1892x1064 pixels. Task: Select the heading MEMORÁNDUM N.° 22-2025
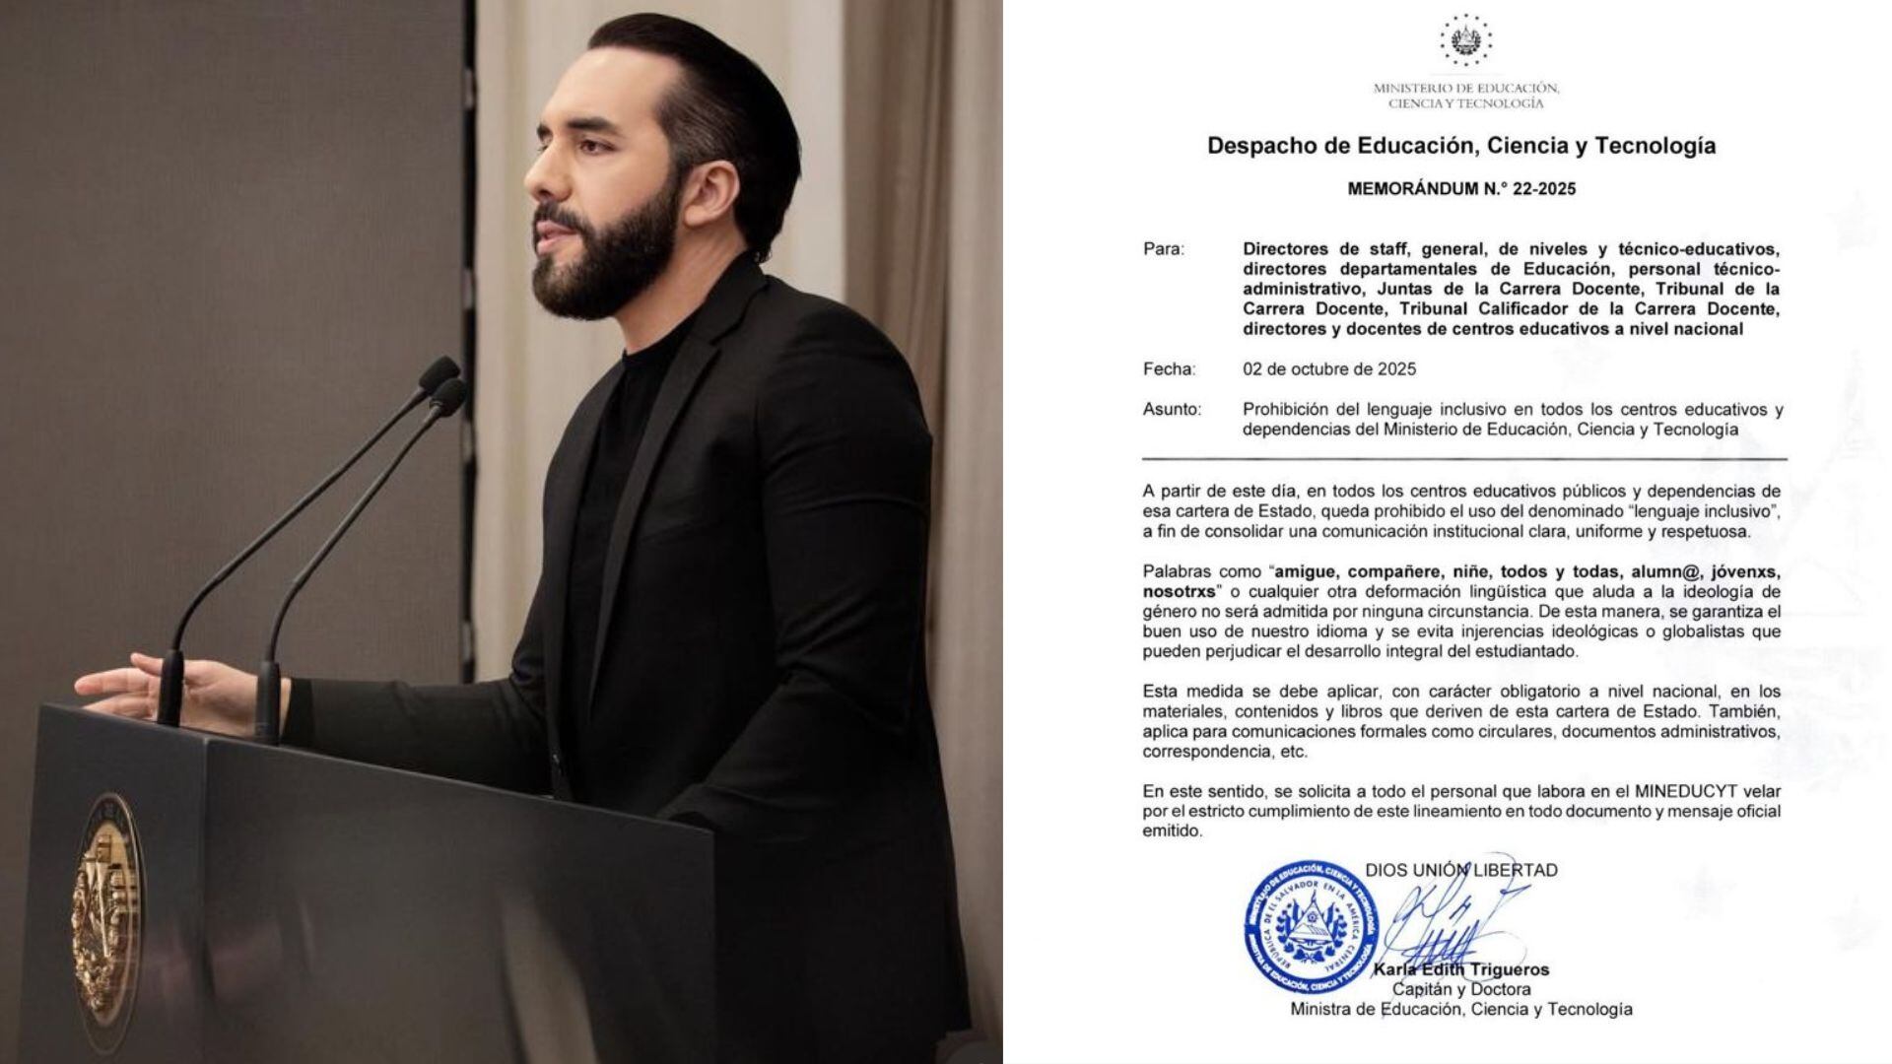[1461, 189]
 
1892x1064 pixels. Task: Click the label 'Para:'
[1164, 249]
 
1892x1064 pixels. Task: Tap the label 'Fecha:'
[1169, 369]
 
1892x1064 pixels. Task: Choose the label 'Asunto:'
[1172, 409]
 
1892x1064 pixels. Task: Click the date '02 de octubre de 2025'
[1329, 369]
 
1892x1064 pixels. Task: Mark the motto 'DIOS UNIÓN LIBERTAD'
[1461, 870]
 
